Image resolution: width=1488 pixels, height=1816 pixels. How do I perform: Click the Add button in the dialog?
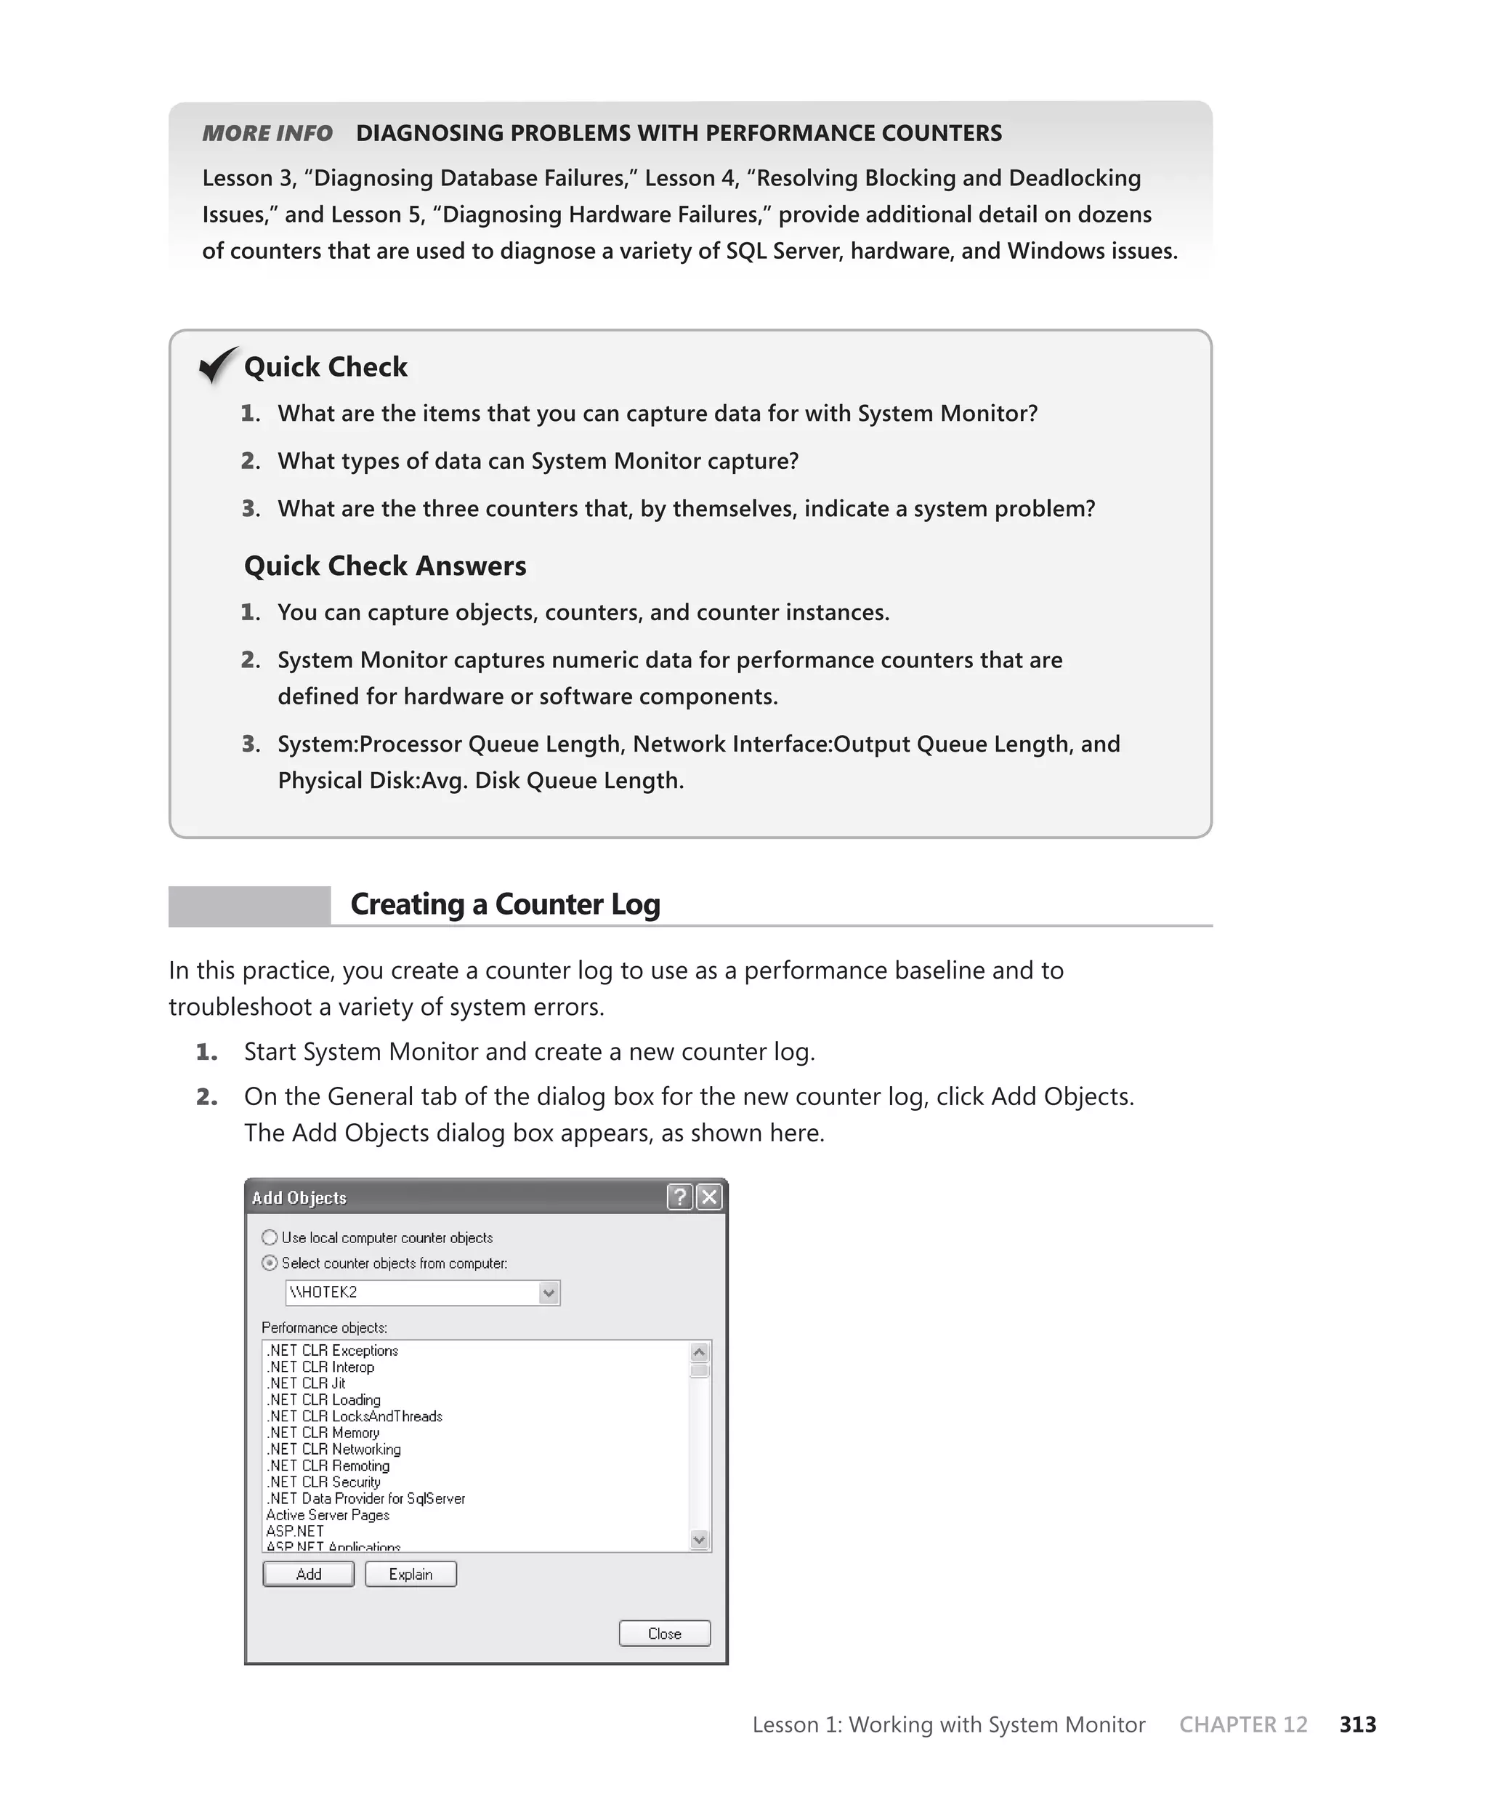coord(308,1574)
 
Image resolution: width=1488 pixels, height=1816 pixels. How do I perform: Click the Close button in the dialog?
coord(664,1634)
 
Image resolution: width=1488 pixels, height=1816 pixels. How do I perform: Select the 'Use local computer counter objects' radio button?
coord(270,1237)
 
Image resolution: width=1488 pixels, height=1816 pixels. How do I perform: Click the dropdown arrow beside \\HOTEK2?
coord(549,1293)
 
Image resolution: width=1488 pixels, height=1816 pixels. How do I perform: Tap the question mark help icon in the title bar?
coord(680,1197)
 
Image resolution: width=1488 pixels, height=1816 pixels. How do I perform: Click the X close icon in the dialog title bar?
coord(710,1197)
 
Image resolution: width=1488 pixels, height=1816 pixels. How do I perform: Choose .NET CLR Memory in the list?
coord(323,1433)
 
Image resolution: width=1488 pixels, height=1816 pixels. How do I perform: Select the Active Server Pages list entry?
coord(328,1515)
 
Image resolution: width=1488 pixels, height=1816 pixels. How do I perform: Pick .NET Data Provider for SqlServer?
coord(366,1499)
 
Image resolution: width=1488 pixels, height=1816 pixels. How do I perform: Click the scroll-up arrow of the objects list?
coord(700,1353)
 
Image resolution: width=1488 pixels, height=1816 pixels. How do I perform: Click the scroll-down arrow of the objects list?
coord(700,1540)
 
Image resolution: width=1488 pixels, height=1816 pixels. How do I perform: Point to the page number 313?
coord(1358,1724)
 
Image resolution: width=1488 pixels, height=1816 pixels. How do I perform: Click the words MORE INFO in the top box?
coord(267,134)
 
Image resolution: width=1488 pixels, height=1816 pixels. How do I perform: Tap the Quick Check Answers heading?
coord(385,566)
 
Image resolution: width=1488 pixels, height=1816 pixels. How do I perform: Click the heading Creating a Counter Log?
coord(505,904)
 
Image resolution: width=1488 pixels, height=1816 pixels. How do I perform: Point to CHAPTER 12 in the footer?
coord(1243,1724)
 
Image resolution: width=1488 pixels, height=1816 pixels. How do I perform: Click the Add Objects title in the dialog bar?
coord(299,1198)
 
